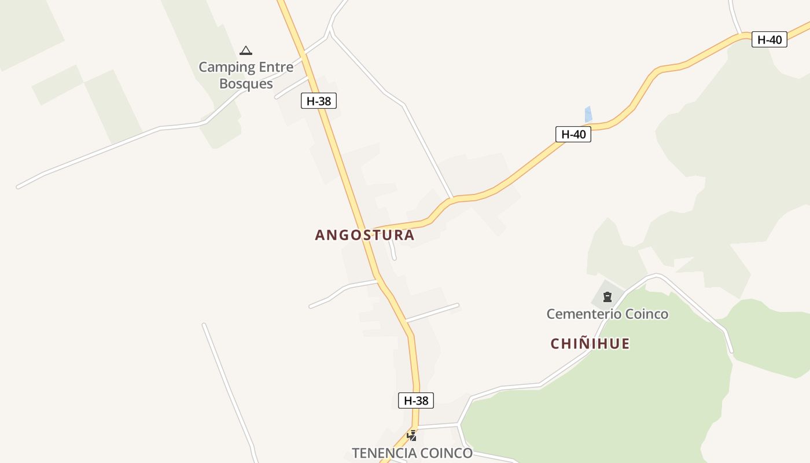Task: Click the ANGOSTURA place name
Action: (x=365, y=235)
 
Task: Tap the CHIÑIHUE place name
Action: (x=590, y=344)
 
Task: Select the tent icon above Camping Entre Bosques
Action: (x=246, y=50)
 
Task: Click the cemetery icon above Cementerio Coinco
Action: (x=607, y=297)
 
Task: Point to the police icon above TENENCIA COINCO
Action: (x=412, y=436)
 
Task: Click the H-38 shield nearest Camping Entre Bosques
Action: (x=318, y=101)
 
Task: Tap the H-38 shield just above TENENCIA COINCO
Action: (x=415, y=400)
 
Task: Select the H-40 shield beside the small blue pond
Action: (x=573, y=134)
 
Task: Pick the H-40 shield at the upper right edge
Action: (x=769, y=39)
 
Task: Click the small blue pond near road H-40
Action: (x=588, y=115)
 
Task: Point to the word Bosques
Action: (x=246, y=84)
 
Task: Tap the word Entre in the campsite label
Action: (x=276, y=67)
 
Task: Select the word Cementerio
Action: (x=581, y=314)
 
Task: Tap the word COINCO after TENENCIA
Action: (x=447, y=453)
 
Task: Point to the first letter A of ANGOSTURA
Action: (x=320, y=235)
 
